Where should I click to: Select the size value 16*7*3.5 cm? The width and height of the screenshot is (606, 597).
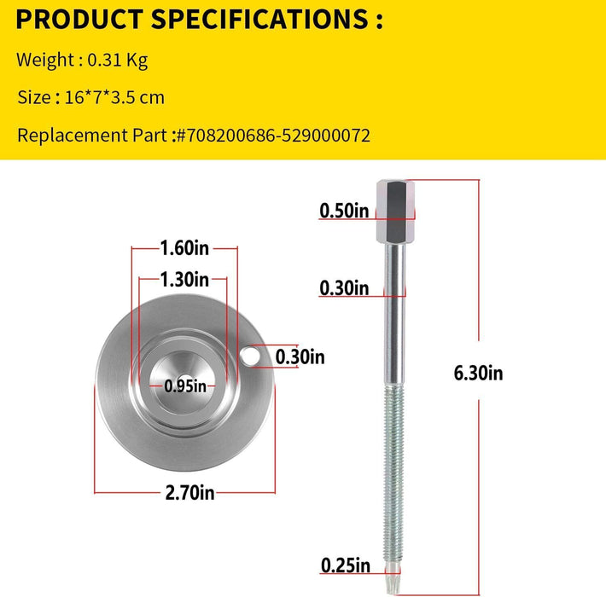(114, 97)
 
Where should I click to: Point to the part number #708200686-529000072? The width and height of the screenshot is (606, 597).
(271, 135)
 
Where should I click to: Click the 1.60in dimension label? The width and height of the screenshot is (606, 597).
(184, 248)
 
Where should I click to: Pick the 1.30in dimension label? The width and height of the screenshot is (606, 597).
(184, 279)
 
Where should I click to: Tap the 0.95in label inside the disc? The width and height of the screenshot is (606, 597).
(186, 386)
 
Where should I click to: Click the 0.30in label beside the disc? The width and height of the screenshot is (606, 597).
(300, 356)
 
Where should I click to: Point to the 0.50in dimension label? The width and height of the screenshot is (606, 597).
(344, 210)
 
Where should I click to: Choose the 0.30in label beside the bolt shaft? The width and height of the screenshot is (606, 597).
(344, 288)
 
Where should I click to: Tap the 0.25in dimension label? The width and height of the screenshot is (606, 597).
(344, 564)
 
